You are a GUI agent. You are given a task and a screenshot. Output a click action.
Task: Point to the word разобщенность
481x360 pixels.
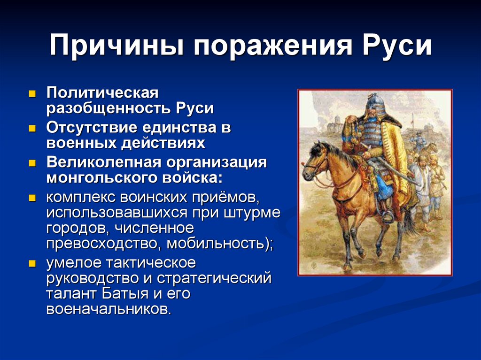108,108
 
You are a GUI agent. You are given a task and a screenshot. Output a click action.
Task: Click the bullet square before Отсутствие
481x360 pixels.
32,128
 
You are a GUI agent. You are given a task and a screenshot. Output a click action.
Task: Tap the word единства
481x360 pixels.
171,127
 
